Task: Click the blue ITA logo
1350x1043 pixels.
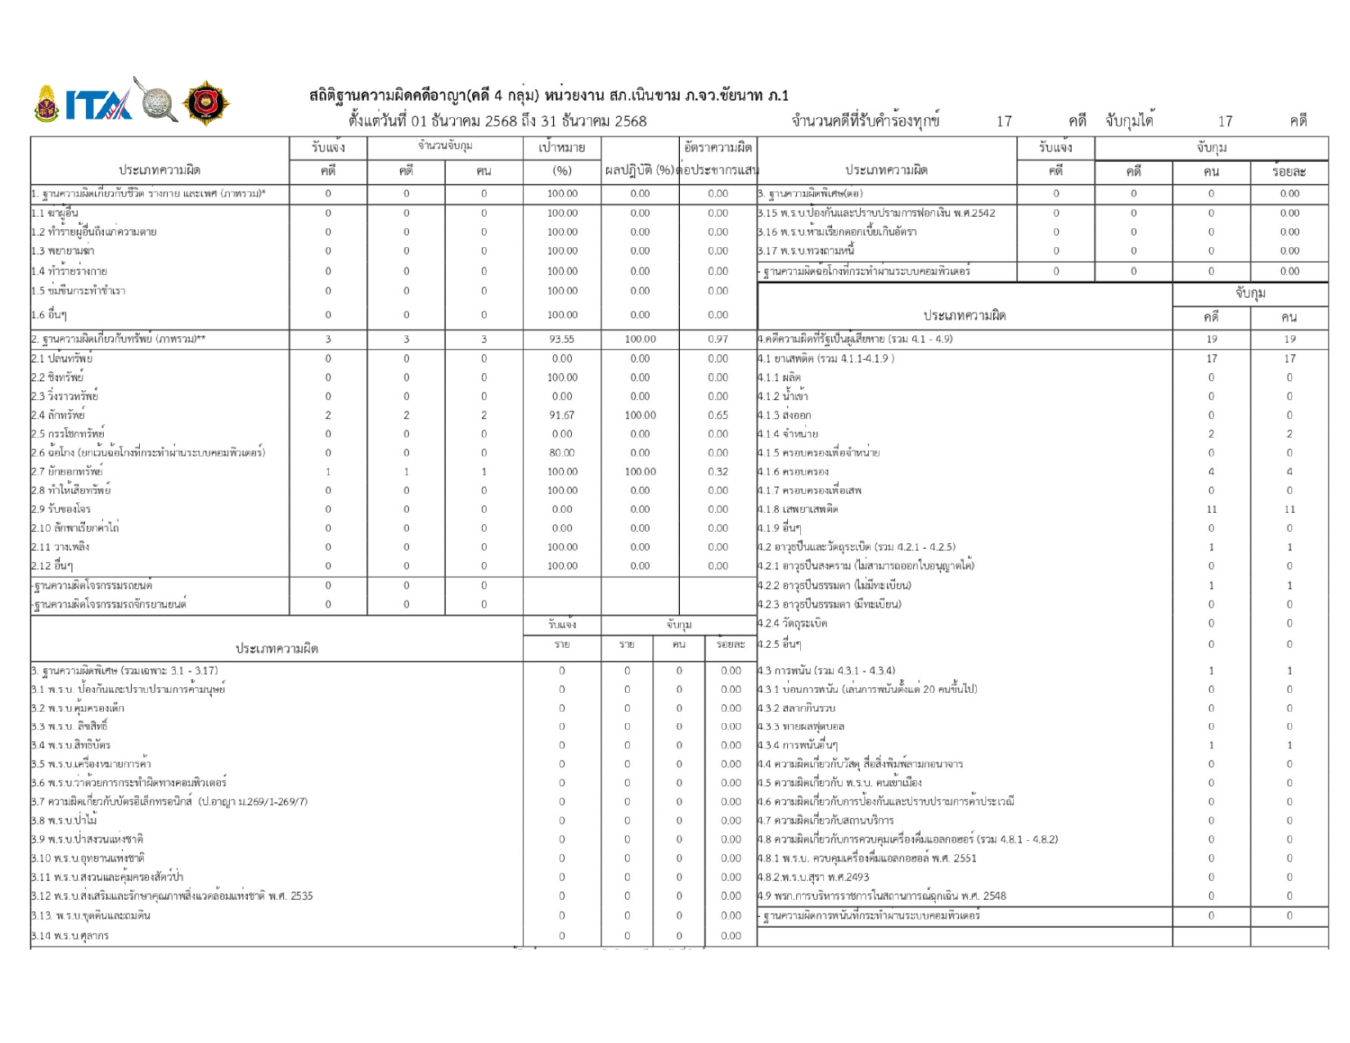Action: [98, 105]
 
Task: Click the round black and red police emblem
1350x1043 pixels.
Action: [205, 104]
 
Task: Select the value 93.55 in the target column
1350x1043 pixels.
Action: [561, 339]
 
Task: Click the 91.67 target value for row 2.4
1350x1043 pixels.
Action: [561, 415]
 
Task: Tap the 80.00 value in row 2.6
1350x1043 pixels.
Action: [561, 452]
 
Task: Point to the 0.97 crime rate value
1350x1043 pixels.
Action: [718, 339]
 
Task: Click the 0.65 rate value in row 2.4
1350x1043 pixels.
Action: [718, 415]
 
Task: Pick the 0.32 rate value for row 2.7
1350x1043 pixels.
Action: [718, 471]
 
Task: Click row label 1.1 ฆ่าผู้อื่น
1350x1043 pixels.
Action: [55, 213]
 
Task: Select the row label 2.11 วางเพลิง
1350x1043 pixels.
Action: [61, 546]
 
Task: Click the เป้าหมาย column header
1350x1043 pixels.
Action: [561, 147]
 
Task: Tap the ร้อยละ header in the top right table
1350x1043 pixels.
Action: [1289, 171]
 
